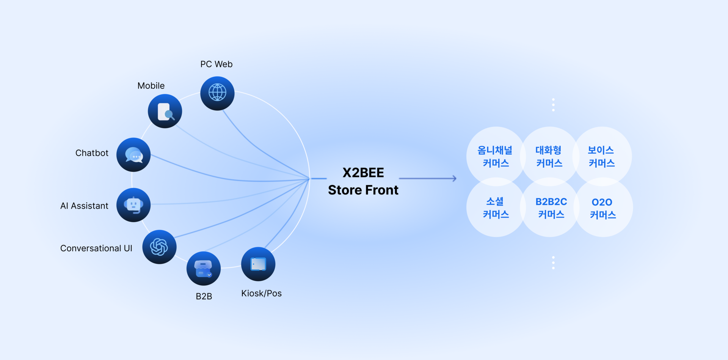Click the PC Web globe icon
(x=217, y=93)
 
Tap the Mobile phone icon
(x=165, y=111)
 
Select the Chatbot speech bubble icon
(x=133, y=155)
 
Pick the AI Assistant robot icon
(x=133, y=205)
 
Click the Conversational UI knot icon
(x=159, y=247)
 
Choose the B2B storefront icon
(x=204, y=269)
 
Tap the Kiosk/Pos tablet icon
(x=258, y=264)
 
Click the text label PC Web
(x=217, y=64)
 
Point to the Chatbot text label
(x=92, y=153)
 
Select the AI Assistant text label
(x=84, y=206)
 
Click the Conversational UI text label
(x=96, y=248)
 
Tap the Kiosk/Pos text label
(x=261, y=293)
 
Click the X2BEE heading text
(x=363, y=173)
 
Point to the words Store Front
(x=363, y=190)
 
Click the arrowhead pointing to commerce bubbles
(x=454, y=178)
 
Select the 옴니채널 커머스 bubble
(x=495, y=156)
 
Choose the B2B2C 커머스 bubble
(x=551, y=208)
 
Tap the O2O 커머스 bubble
(x=603, y=208)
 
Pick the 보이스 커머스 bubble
(x=601, y=156)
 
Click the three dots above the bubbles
(x=553, y=105)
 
